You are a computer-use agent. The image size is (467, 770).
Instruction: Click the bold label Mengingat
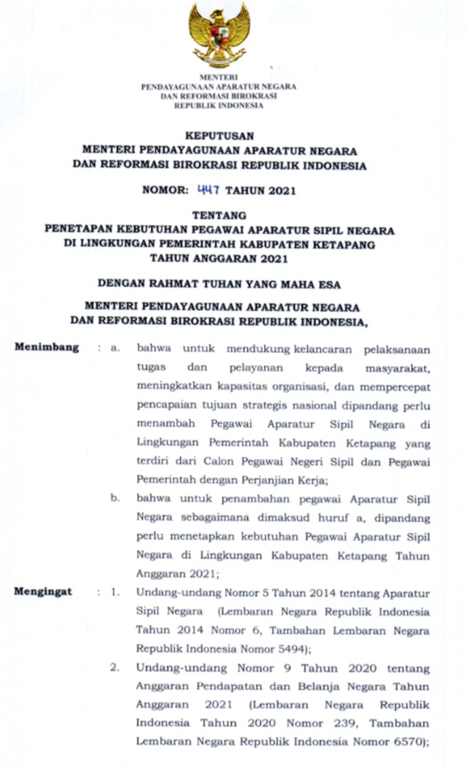pyautogui.click(x=44, y=592)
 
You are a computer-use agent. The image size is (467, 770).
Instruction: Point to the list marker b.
pyautogui.click(x=116, y=498)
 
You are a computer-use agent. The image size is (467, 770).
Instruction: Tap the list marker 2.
pyautogui.click(x=116, y=667)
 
